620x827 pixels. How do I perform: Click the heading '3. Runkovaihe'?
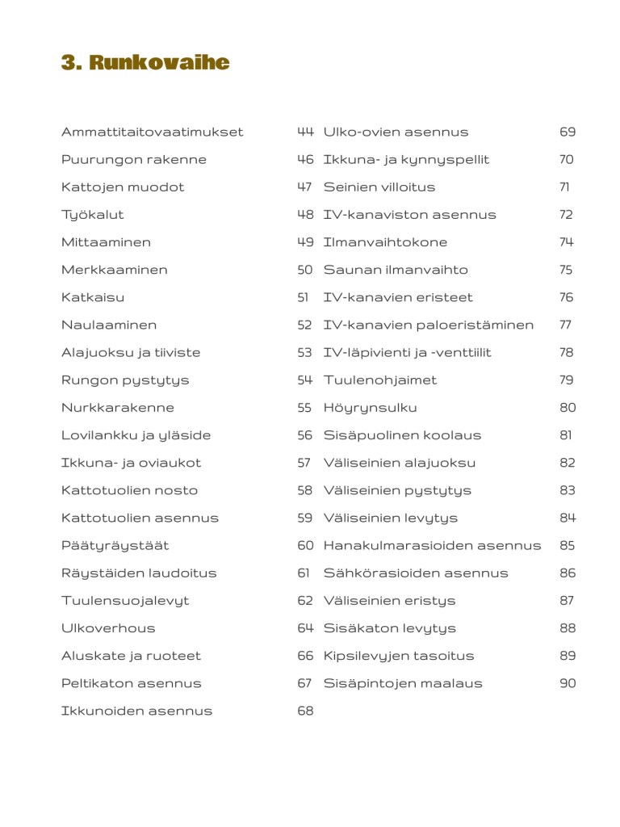click(x=145, y=63)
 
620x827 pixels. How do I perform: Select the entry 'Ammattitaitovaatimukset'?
click(x=152, y=132)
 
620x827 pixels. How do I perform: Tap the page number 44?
click(x=305, y=132)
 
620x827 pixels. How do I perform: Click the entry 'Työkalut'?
click(x=92, y=215)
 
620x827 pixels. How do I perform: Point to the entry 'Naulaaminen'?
click(x=109, y=325)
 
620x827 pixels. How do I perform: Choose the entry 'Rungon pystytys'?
click(x=113, y=380)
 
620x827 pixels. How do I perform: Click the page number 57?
click(x=304, y=463)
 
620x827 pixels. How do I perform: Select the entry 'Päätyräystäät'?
click(x=115, y=546)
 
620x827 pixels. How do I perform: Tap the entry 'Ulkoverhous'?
click(x=108, y=628)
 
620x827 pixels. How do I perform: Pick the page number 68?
click(x=305, y=712)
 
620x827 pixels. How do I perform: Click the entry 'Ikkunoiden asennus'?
click(x=136, y=712)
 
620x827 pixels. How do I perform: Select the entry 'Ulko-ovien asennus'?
click(x=396, y=132)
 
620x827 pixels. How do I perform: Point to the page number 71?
click(x=564, y=187)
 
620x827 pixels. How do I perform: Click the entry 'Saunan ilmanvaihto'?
click(x=396, y=270)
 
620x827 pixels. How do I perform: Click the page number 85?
click(x=568, y=546)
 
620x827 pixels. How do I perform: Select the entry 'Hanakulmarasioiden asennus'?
click(x=432, y=546)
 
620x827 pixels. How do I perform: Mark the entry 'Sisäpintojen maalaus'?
click(x=403, y=684)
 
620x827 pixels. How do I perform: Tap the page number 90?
click(x=568, y=684)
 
